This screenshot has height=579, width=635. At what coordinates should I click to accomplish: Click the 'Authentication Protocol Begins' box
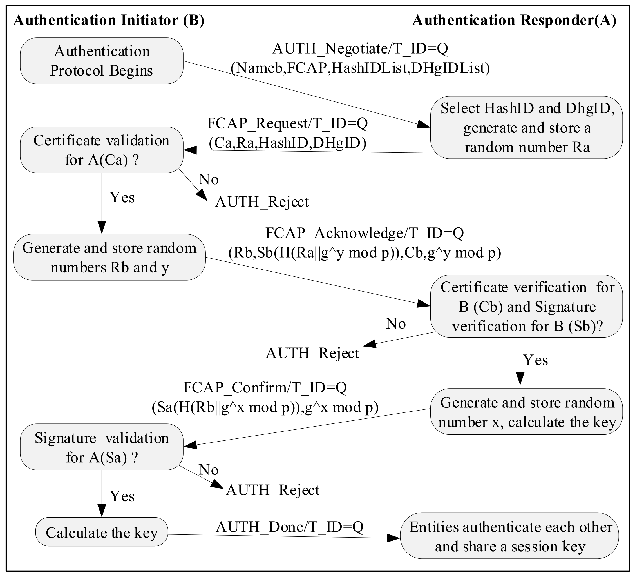click(101, 61)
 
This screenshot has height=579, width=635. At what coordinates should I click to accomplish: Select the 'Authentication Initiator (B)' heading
click(109, 21)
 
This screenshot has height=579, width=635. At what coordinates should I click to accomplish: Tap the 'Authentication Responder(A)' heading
click(514, 21)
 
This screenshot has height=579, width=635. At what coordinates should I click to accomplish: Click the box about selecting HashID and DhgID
click(526, 127)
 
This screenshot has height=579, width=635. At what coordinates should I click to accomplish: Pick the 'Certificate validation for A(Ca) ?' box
click(101, 150)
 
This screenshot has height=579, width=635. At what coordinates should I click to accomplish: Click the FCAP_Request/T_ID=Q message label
click(287, 124)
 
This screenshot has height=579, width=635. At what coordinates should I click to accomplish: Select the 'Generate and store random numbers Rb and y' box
click(109, 257)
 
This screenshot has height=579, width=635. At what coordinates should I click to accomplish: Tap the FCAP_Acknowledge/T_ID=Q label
click(365, 233)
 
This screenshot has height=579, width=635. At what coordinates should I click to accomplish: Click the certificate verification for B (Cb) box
click(526, 306)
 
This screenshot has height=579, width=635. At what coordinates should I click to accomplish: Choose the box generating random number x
click(526, 412)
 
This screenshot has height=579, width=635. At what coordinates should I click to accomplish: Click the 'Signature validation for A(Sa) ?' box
click(101, 447)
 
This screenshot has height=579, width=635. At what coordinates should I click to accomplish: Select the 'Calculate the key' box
click(101, 533)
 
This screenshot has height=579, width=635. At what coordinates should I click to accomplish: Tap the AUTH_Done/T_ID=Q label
click(289, 527)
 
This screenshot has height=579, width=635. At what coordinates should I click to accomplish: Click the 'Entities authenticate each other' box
click(509, 536)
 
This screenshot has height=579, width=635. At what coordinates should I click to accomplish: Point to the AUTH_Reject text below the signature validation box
click(272, 490)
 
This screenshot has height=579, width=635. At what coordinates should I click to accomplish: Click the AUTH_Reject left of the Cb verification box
click(312, 353)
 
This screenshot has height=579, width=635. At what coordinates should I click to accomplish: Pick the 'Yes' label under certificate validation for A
click(122, 198)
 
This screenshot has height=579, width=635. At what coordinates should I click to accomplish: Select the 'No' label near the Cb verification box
click(396, 324)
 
